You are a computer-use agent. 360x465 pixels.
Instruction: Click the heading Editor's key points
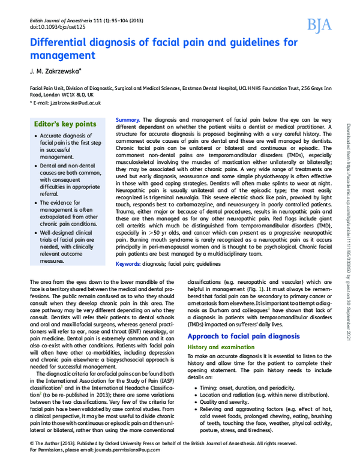65,124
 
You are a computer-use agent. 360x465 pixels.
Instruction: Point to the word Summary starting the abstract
127,120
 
